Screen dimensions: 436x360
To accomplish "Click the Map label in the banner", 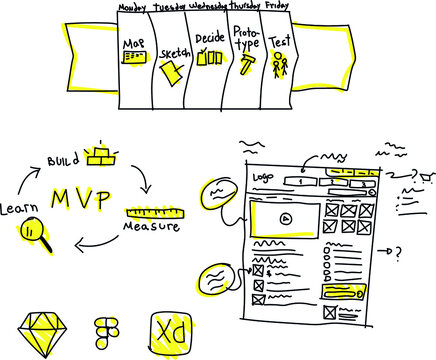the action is [x=132, y=44].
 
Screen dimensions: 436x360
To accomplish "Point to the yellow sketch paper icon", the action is [x=172, y=69].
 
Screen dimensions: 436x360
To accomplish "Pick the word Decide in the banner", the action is [x=211, y=39].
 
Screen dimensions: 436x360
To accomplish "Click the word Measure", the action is [x=151, y=227].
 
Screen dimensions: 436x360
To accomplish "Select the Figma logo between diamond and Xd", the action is [x=105, y=332].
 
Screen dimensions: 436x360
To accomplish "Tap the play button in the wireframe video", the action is [x=285, y=216].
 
